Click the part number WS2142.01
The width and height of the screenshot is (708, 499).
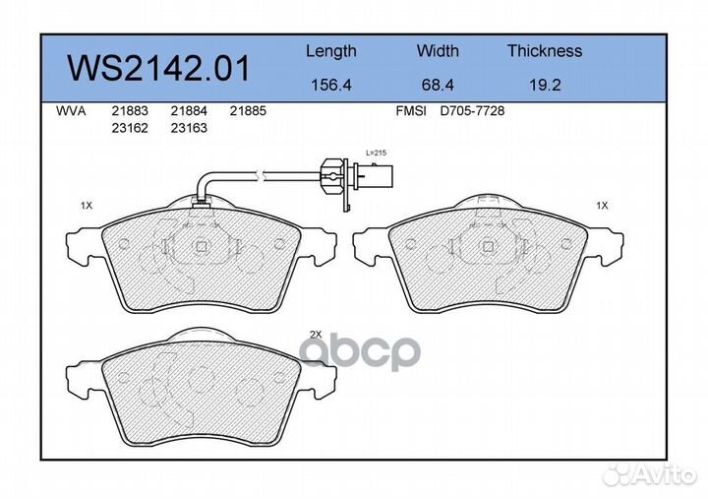click(x=157, y=68)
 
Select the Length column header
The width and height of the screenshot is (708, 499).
click(x=330, y=51)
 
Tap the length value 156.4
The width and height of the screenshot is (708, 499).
click(x=330, y=85)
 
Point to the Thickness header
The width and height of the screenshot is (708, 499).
click(x=544, y=51)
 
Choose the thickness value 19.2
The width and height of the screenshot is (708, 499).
click(x=544, y=85)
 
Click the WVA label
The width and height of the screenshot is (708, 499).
click(x=70, y=112)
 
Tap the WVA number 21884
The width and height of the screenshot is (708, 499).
click(x=188, y=112)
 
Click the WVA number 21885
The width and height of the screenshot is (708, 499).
click(x=248, y=112)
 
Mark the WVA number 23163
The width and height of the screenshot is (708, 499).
click(x=188, y=128)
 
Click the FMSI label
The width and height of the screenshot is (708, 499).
click(x=410, y=112)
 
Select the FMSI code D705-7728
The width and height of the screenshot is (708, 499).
click(x=472, y=112)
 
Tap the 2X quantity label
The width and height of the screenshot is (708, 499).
click(x=316, y=335)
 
